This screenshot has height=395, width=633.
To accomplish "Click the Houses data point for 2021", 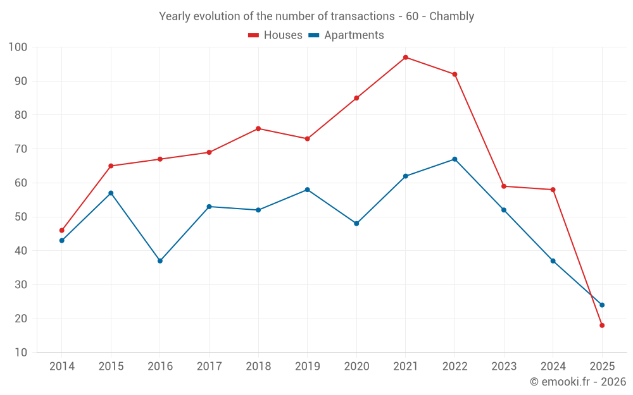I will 406,58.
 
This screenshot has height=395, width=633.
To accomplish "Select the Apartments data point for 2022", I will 454,159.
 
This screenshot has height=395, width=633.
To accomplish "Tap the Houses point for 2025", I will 602,325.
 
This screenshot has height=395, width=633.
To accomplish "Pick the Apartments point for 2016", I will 160,261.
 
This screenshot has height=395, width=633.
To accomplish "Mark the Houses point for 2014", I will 62,231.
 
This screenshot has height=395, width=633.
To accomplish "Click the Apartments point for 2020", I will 356,224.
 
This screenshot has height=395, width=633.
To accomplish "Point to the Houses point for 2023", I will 504,186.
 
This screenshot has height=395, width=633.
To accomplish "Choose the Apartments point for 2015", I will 111,193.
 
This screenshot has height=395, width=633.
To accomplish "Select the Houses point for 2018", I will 258,129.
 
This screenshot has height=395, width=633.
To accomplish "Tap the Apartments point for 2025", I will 602,305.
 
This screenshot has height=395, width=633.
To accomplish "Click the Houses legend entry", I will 275,35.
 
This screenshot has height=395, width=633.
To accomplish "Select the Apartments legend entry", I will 346,35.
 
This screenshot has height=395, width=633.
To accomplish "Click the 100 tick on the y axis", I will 18,47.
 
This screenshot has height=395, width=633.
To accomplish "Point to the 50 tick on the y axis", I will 21,217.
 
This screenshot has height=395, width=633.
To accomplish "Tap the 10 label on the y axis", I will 21,353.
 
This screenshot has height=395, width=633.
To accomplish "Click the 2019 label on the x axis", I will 307,367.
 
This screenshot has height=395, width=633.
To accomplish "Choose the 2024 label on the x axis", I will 553,367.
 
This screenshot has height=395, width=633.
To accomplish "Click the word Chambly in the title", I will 451,16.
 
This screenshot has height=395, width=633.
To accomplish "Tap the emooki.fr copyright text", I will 578,382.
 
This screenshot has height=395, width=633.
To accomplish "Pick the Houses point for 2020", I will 356,98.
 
